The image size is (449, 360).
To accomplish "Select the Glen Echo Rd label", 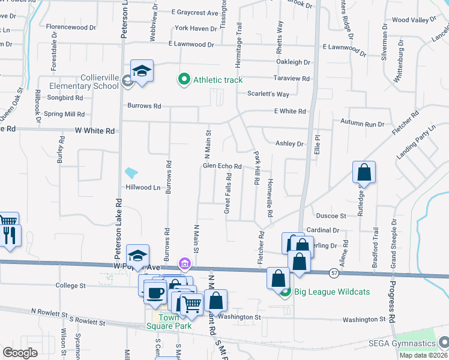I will (x=222, y=166).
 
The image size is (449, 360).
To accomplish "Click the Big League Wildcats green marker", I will (x=285, y=292).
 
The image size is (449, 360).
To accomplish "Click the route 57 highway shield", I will (x=334, y=273).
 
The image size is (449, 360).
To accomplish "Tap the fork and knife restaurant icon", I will (x=9, y=235).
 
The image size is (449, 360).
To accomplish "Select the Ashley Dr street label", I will (x=289, y=144).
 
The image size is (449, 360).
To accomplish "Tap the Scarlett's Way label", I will (x=268, y=94).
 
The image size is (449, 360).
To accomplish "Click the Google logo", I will (x=20, y=353).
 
